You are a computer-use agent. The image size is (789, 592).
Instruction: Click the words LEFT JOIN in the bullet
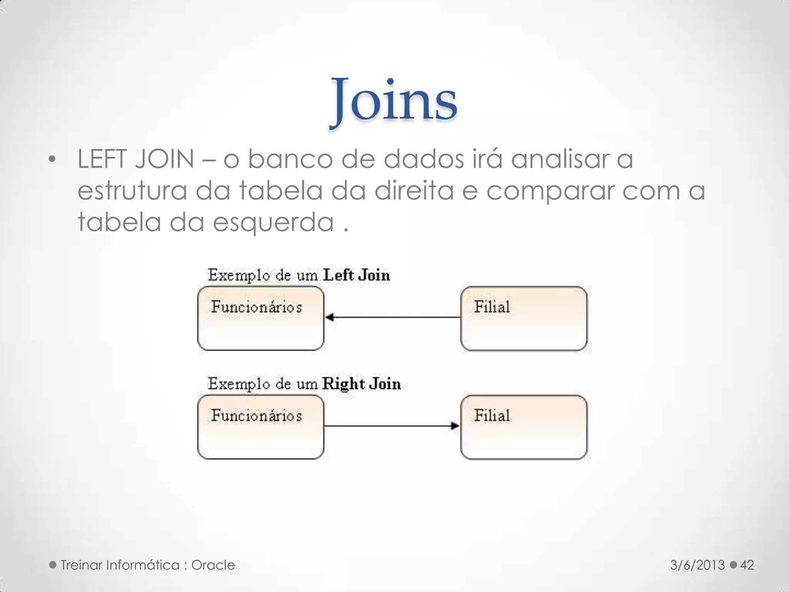click(136, 159)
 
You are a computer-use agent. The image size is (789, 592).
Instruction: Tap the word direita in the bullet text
click(414, 191)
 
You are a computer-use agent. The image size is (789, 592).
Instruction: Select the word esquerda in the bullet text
click(273, 223)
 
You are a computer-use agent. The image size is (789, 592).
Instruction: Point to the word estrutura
click(132, 191)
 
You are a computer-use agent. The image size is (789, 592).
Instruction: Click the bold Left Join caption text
click(356, 275)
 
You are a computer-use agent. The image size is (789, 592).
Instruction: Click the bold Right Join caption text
click(362, 384)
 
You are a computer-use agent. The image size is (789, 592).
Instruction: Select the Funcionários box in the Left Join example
click(261, 318)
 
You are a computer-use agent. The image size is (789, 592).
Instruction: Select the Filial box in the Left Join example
click(524, 318)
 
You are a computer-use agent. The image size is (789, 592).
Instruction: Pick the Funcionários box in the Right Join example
click(261, 427)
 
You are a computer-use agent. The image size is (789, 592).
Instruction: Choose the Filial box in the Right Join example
click(524, 427)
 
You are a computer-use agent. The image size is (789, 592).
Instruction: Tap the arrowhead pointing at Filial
click(455, 426)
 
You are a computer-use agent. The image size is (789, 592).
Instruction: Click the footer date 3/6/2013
click(697, 565)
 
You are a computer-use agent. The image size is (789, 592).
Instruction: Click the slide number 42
click(747, 565)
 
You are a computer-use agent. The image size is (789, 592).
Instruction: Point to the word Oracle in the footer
click(213, 565)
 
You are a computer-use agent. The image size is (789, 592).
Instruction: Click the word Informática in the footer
click(143, 565)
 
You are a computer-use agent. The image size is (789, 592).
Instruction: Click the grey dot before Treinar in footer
click(53, 565)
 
